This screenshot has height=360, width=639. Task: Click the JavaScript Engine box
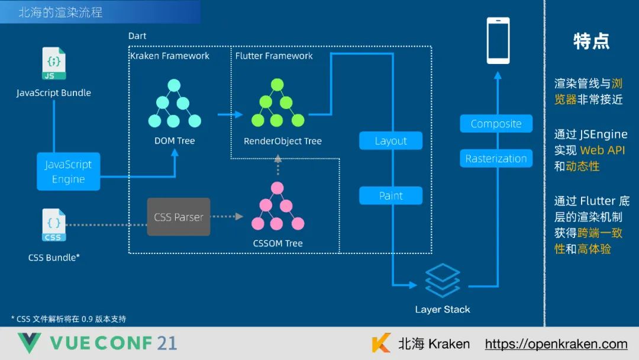pos(69,172)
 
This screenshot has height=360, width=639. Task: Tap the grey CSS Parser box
pos(179,217)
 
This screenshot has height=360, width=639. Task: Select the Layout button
pos(390,141)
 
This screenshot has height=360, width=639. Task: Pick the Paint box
pos(390,195)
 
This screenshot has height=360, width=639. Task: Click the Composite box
pos(496,124)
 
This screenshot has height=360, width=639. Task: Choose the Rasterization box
pos(496,159)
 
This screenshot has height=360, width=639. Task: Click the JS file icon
pos(53,64)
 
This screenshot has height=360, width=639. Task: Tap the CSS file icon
pos(53,225)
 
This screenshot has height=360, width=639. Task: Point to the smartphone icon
pos(498,40)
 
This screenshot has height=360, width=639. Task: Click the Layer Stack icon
pos(443,280)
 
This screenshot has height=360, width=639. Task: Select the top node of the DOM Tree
pos(174,86)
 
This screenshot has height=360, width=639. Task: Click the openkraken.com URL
pos(556,344)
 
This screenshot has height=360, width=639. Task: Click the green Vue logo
pos(29,343)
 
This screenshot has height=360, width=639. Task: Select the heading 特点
pos(591,41)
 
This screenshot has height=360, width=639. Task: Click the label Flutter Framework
pos(274,56)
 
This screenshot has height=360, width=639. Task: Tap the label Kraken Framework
pos(170,56)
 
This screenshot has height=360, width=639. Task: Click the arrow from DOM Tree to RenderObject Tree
pos(230,114)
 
